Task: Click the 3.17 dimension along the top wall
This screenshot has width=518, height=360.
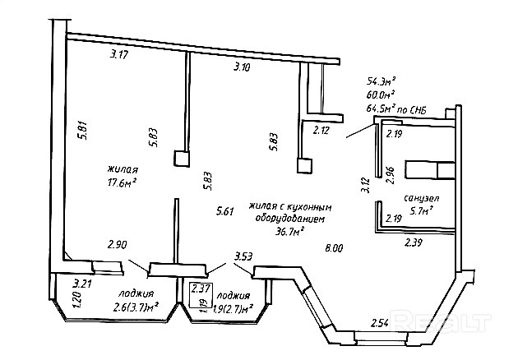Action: (x=120, y=55)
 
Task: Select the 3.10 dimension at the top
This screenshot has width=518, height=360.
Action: (x=242, y=66)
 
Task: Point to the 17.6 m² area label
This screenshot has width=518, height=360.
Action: (x=121, y=182)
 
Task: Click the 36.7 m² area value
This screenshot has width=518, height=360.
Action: (x=290, y=232)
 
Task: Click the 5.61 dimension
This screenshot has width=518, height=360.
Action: (x=225, y=211)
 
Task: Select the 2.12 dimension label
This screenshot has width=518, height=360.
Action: (x=321, y=129)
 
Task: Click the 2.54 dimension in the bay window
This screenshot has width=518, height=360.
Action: (x=379, y=322)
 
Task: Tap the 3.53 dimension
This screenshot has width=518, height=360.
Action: (x=243, y=256)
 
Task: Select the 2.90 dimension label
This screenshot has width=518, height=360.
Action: (x=118, y=244)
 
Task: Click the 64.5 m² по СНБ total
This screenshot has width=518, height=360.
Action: (x=403, y=108)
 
